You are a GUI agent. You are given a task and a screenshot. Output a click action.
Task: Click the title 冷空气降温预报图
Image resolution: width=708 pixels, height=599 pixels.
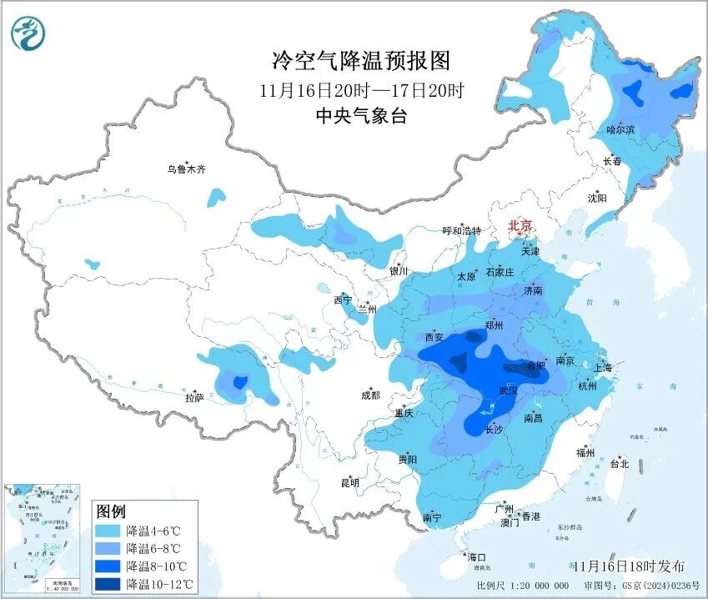[361, 60]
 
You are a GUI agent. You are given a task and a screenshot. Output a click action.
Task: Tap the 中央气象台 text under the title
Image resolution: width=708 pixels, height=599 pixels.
[361, 116]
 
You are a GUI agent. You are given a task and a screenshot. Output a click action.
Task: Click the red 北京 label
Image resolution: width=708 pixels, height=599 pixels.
[520, 224]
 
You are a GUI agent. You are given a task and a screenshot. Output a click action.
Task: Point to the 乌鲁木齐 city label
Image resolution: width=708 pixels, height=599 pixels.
[185, 169]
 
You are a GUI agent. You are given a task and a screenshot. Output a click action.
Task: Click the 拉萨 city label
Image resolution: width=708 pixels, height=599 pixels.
[193, 398]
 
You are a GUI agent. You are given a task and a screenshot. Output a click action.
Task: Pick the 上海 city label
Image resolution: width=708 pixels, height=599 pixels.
[603, 368]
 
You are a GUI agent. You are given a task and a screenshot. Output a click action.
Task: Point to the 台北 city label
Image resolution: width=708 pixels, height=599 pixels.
[620, 463]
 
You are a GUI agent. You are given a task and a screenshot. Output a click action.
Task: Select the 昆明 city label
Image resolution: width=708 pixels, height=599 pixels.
[349, 482]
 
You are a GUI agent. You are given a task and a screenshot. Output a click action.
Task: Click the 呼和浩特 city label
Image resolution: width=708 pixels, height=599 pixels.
[461, 231]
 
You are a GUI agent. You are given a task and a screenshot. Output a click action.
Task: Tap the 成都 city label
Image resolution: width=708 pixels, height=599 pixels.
[370, 395]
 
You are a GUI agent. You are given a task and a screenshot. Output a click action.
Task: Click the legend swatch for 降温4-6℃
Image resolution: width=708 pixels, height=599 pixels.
[108, 531]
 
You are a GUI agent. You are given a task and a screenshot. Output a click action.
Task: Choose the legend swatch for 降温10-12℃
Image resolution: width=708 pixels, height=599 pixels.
[108, 583]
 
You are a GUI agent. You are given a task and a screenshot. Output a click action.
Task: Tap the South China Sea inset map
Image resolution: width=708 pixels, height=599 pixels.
[44, 537]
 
